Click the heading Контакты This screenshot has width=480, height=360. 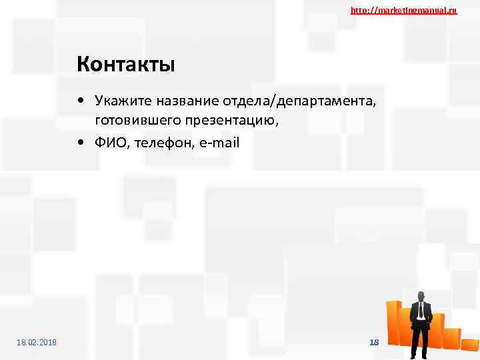[125, 65]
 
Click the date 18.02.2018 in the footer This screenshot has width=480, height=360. [37, 342]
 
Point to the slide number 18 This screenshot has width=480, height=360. [374, 342]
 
